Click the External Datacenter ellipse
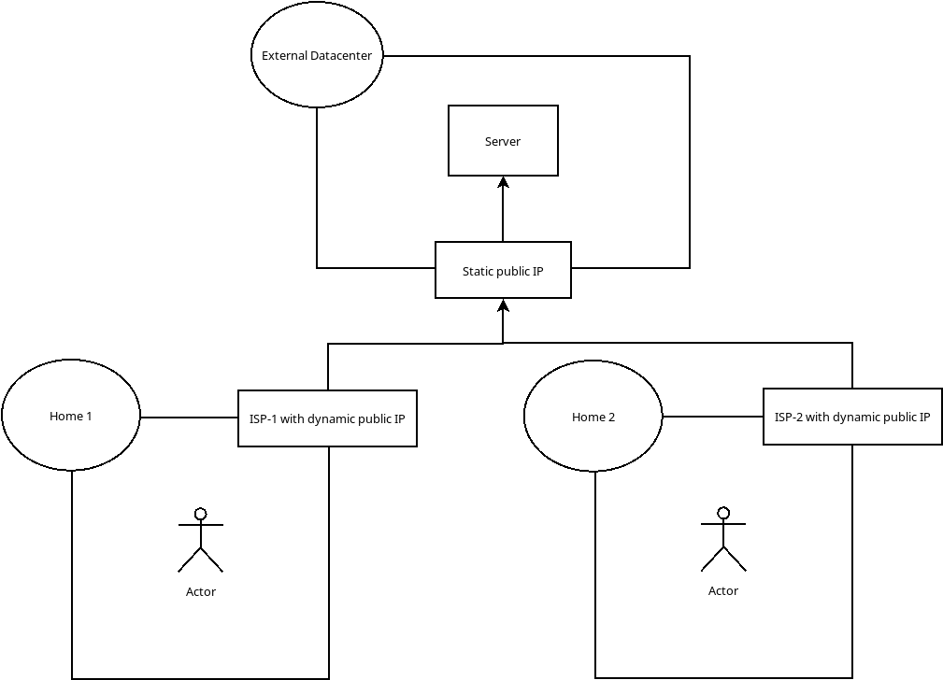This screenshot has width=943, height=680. point(317,56)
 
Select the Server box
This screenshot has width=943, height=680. point(503,140)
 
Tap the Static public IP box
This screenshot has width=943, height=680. point(503,270)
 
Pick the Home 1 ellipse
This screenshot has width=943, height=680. point(71,416)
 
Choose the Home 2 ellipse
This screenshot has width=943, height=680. point(593,417)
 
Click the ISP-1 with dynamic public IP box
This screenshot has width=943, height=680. point(327,418)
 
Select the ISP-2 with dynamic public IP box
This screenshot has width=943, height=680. point(852,417)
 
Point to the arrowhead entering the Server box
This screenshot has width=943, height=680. point(503,182)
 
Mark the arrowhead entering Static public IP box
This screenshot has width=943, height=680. point(503,305)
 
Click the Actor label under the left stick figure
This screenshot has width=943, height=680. point(201,591)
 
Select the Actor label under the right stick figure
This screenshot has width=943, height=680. point(723,590)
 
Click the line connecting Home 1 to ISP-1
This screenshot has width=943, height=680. point(189,417)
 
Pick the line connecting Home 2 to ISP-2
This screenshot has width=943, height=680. point(712,417)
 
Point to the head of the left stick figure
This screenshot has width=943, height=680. point(200,513)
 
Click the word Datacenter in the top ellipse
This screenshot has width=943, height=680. point(341,56)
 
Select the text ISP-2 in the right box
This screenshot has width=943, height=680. point(788,418)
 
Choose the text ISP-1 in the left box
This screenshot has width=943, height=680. point(263,419)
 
